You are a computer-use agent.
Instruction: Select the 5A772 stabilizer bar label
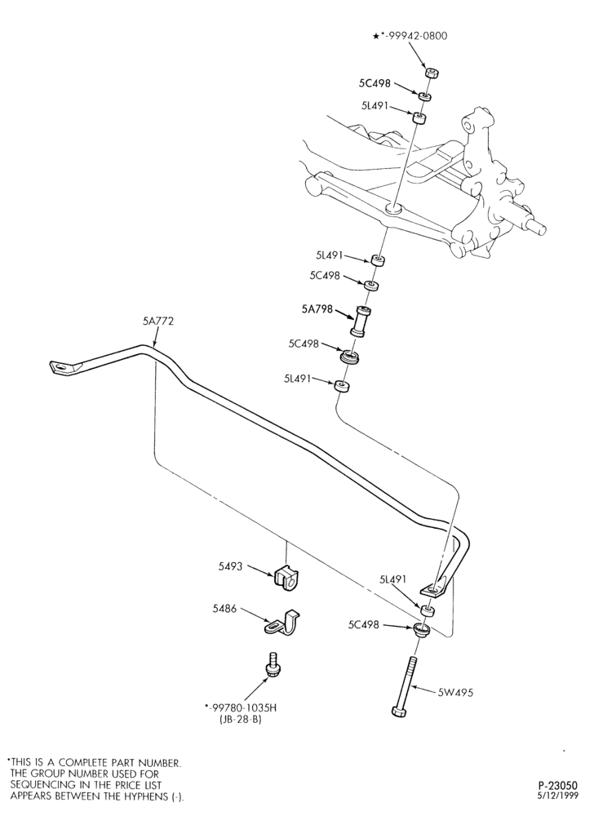[x=158, y=322]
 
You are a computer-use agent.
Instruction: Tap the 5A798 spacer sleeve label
[x=317, y=309]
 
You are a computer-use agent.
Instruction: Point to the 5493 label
[x=230, y=566]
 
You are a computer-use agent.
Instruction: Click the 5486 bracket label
[x=224, y=608]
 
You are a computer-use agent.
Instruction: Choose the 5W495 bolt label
[x=455, y=693]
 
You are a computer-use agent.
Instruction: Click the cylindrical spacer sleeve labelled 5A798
[x=360, y=322]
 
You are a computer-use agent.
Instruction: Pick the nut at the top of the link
[x=430, y=73]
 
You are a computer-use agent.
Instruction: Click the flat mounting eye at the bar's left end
[x=63, y=367]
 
